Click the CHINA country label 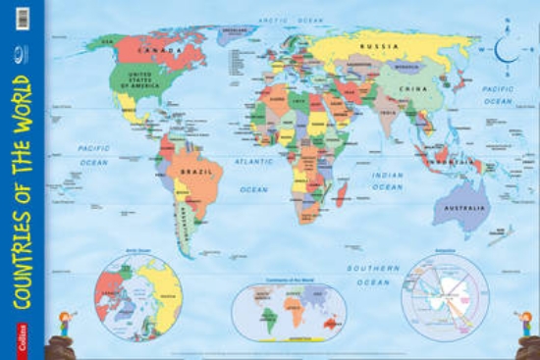(410, 88)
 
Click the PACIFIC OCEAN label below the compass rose (498, 95)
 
